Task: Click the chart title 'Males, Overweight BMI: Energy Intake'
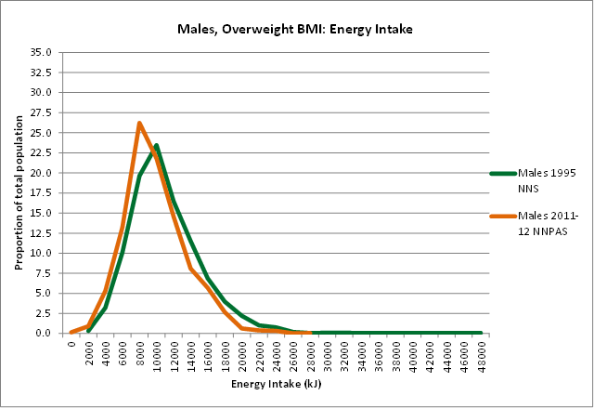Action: pos(294,30)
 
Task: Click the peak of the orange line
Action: pos(139,123)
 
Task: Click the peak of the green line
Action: pos(156,145)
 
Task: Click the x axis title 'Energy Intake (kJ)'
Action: pos(276,383)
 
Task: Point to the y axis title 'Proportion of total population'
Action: pos(19,192)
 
